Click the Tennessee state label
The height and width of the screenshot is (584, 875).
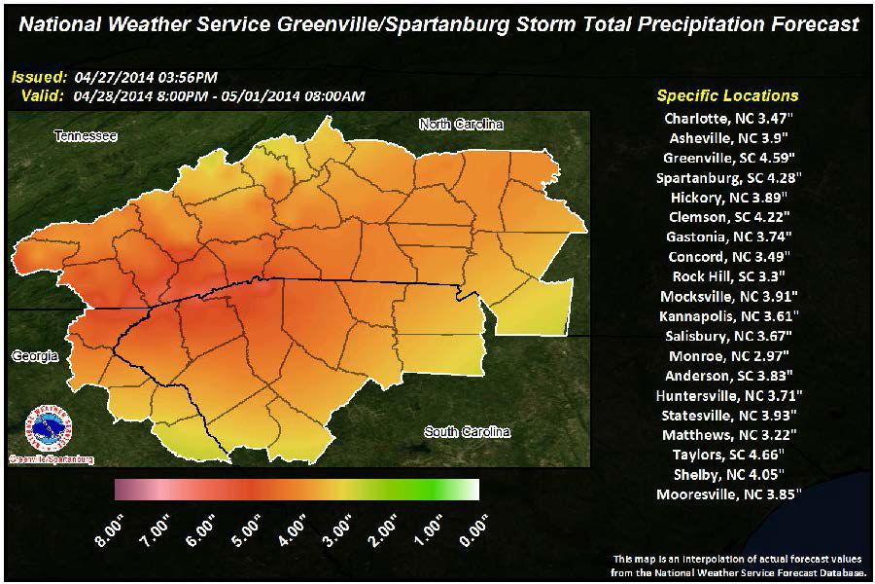point(86,136)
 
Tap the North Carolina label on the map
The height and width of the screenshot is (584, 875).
point(461,124)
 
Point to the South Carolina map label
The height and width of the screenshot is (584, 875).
point(466,430)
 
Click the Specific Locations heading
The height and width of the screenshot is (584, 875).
point(727,95)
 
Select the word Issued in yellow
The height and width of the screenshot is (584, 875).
point(40,77)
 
